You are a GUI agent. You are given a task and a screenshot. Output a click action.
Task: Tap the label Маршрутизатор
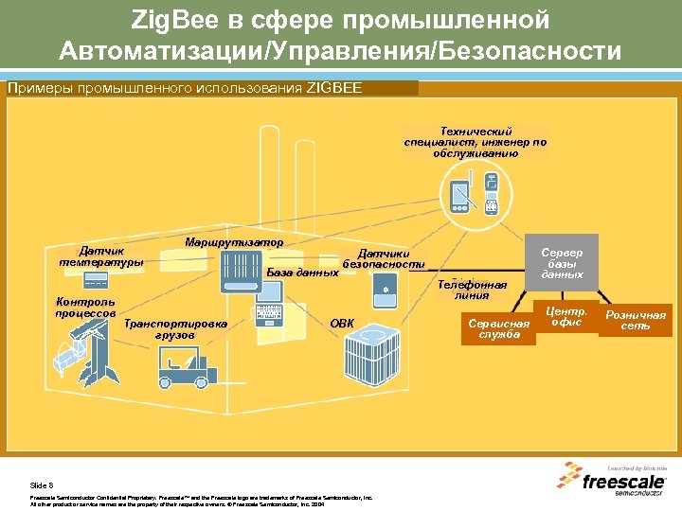click(x=234, y=242)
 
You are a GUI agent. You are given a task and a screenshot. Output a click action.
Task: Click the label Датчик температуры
click(x=101, y=256)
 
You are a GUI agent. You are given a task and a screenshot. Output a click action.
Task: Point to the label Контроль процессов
click(x=84, y=308)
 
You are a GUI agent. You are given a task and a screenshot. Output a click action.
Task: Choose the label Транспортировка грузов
click(x=176, y=328)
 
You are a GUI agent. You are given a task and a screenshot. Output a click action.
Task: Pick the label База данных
click(x=302, y=273)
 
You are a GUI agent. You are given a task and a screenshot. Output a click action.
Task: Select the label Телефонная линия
click(x=473, y=290)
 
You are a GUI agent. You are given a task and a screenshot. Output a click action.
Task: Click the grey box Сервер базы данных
click(x=562, y=263)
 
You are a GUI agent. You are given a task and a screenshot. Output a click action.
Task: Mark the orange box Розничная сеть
click(x=636, y=320)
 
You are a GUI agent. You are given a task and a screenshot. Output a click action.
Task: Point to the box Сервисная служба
click(x=498, y=328)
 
